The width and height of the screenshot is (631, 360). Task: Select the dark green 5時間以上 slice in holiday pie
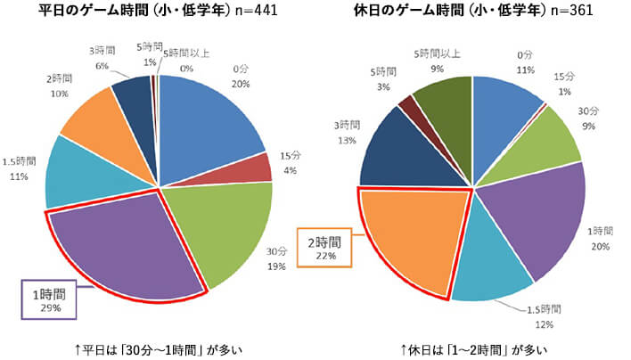click(442, 103)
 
